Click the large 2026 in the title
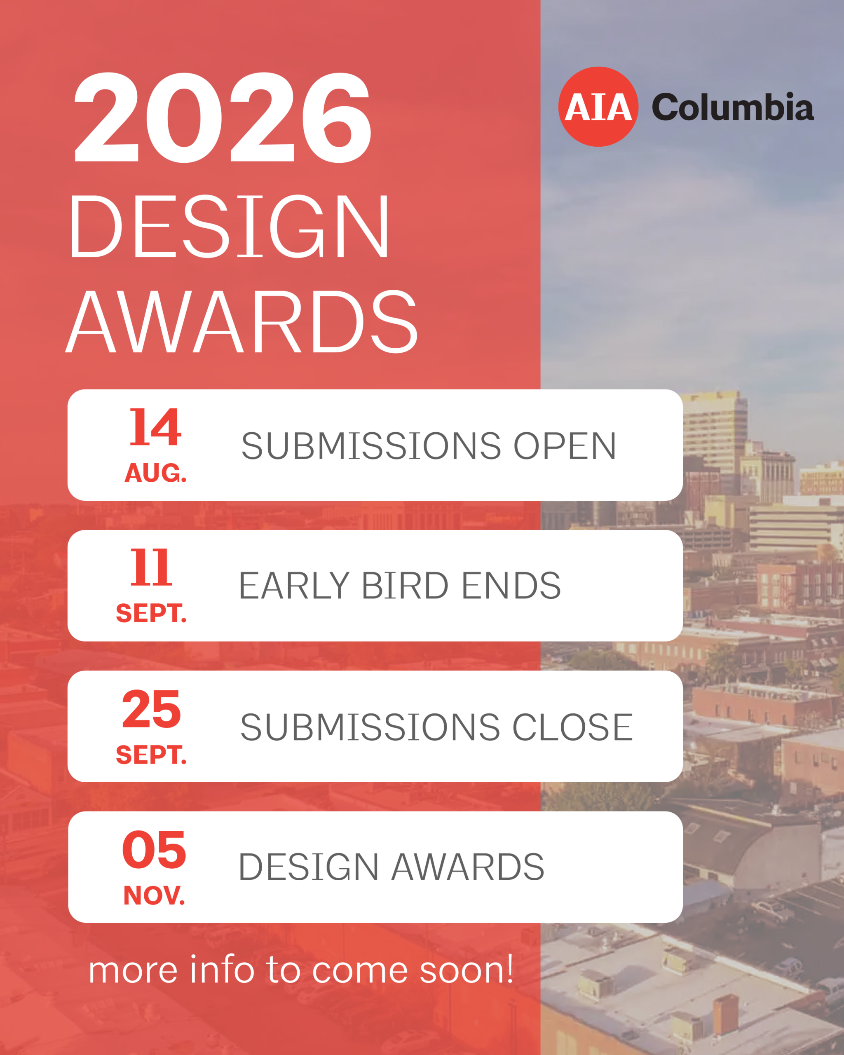click(223, 117)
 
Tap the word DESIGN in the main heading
click(229, 226)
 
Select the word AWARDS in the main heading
click(241, 321)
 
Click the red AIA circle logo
click(598, 107)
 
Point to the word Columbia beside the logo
click(733, 107)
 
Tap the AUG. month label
click(156, 473)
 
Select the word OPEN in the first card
click(565, 446)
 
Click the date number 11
click(151, 567)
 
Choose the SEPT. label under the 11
click(151, 614)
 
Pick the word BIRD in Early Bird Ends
click(405, 586)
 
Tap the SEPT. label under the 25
click(151, 755)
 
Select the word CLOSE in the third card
click(572, 727)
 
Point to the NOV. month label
click(154, 896)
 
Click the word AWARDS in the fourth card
click(468, 867)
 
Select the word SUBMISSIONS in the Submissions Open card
click(371, 446)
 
